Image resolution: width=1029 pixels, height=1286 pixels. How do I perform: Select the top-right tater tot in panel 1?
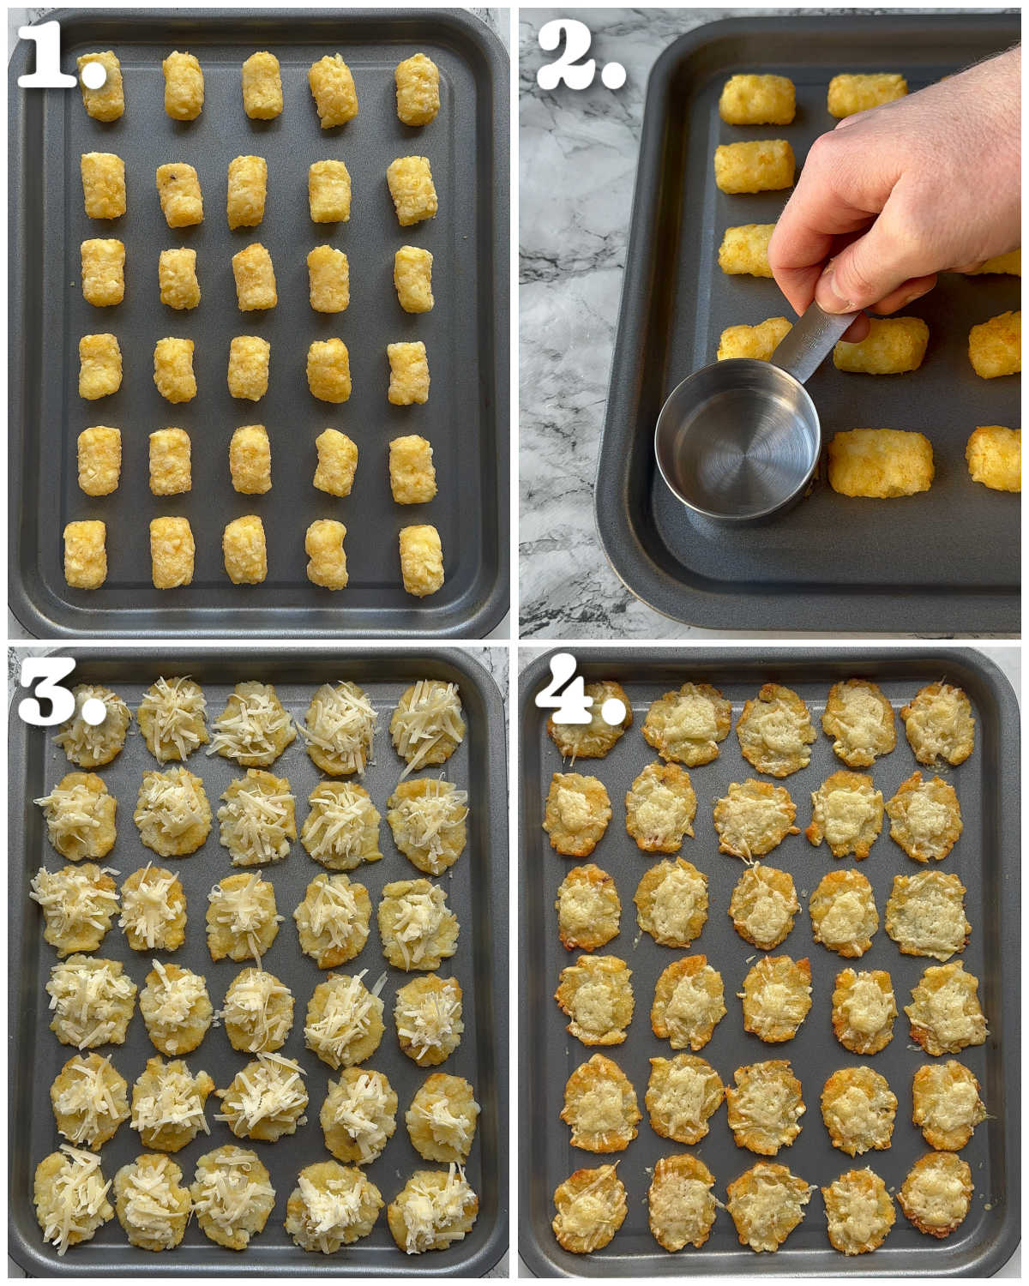pyautogui.click(x=418, y=89)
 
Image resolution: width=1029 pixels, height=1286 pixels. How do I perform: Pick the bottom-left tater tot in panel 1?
pyautogui.click(x=85, y=555)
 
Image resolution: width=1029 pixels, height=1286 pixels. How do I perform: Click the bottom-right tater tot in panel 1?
pyautogui.click(x=421, y=560)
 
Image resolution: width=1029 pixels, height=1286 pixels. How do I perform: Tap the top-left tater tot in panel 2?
pyautogui.click(x=757, y=99)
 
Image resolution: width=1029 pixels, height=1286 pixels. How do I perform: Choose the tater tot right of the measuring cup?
pyautogui.click(x=881, y=463)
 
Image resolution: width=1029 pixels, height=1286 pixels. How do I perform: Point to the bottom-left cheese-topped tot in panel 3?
pyautogui.click(x=73, y=1198)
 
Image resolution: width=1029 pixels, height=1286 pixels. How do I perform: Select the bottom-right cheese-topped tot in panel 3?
pyautogui.click(x=432, y=1207)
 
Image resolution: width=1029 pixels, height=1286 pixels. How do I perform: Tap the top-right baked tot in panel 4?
pyautogui.click(x=938, y=723)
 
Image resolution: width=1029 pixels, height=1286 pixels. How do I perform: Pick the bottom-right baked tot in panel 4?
pyautogui.click(x=936, y=1193)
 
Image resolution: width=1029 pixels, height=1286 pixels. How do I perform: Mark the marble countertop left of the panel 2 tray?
pyautogui.click(x=566, y=343)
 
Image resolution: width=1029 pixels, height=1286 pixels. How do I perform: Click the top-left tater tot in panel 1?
pyautogui.click(x=102, y=86)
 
